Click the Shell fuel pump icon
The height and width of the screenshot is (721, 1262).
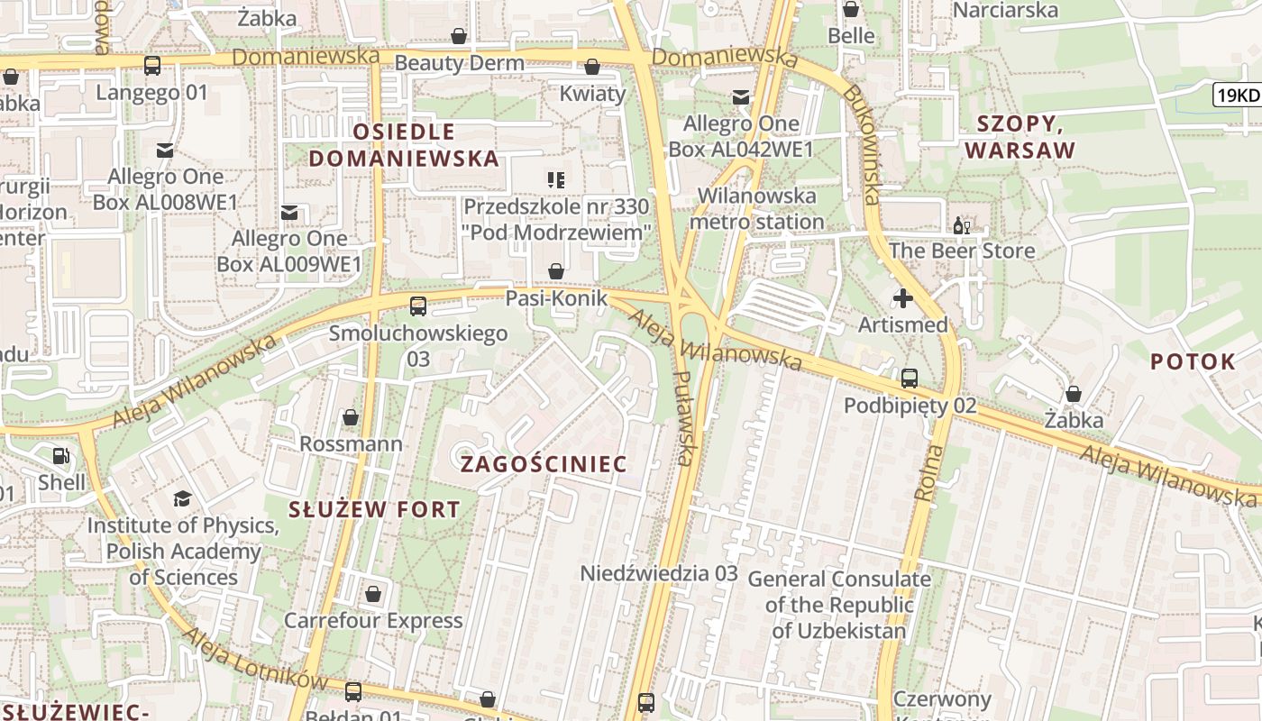[60, 457]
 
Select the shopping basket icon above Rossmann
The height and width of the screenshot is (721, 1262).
[351, 417]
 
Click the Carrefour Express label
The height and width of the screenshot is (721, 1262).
[373, 620]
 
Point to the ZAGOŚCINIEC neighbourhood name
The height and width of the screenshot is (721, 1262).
[544, 464]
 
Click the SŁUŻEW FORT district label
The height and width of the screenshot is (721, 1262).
[374, 509]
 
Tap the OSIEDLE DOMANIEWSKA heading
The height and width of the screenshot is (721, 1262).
[404, 145]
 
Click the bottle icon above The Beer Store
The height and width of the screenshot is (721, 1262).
[961, 225]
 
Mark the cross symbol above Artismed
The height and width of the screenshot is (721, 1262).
[902, 298]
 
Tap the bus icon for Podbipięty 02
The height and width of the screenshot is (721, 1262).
[909, 379]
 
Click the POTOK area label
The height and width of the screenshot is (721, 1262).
[1193, 362]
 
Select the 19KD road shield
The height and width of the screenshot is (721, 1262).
[1236, 95]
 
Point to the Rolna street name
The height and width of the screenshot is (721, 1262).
[928, 473]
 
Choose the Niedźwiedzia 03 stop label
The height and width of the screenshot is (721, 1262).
[659, 573]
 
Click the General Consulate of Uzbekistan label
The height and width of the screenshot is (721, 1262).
[838, 604]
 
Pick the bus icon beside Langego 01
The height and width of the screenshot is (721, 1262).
[152, 66]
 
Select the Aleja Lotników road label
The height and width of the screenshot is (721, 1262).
[253, 658]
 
